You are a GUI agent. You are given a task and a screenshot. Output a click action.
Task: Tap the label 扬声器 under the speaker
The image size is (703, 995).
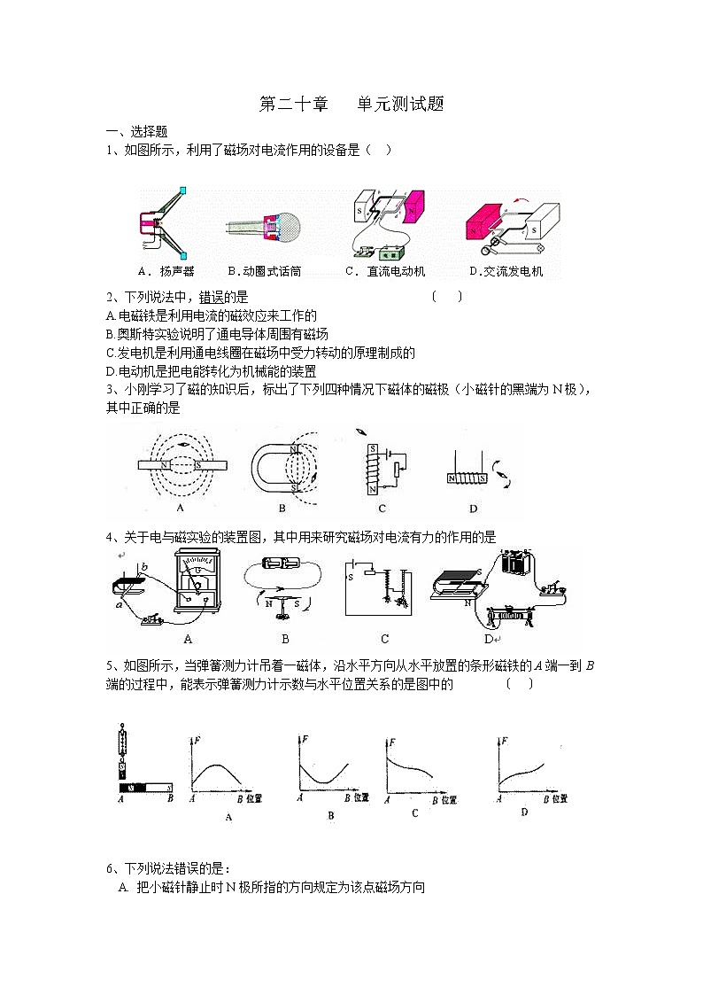171,271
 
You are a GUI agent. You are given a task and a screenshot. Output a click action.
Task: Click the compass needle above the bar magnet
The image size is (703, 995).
182,443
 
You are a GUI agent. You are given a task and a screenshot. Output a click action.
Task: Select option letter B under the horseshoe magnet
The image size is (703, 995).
282,509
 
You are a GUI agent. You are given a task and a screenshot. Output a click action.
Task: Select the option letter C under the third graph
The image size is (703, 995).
414,812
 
